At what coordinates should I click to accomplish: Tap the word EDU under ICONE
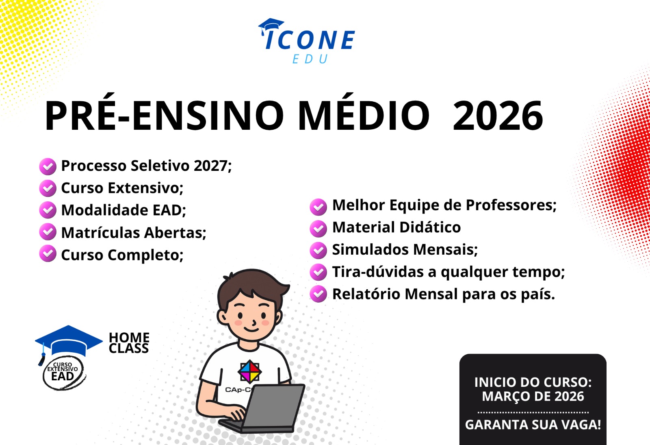310,59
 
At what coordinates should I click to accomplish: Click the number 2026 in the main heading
498,116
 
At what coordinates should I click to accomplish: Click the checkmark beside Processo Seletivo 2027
48,166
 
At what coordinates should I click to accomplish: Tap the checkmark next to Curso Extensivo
48,188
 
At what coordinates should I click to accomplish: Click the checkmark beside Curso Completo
48,253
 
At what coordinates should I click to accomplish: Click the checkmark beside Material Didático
318,229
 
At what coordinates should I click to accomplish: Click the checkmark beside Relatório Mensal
318,294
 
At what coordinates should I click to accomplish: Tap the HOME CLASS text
129,343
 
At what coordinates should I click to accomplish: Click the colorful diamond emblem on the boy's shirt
249,371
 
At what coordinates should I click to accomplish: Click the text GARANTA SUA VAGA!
533,424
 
